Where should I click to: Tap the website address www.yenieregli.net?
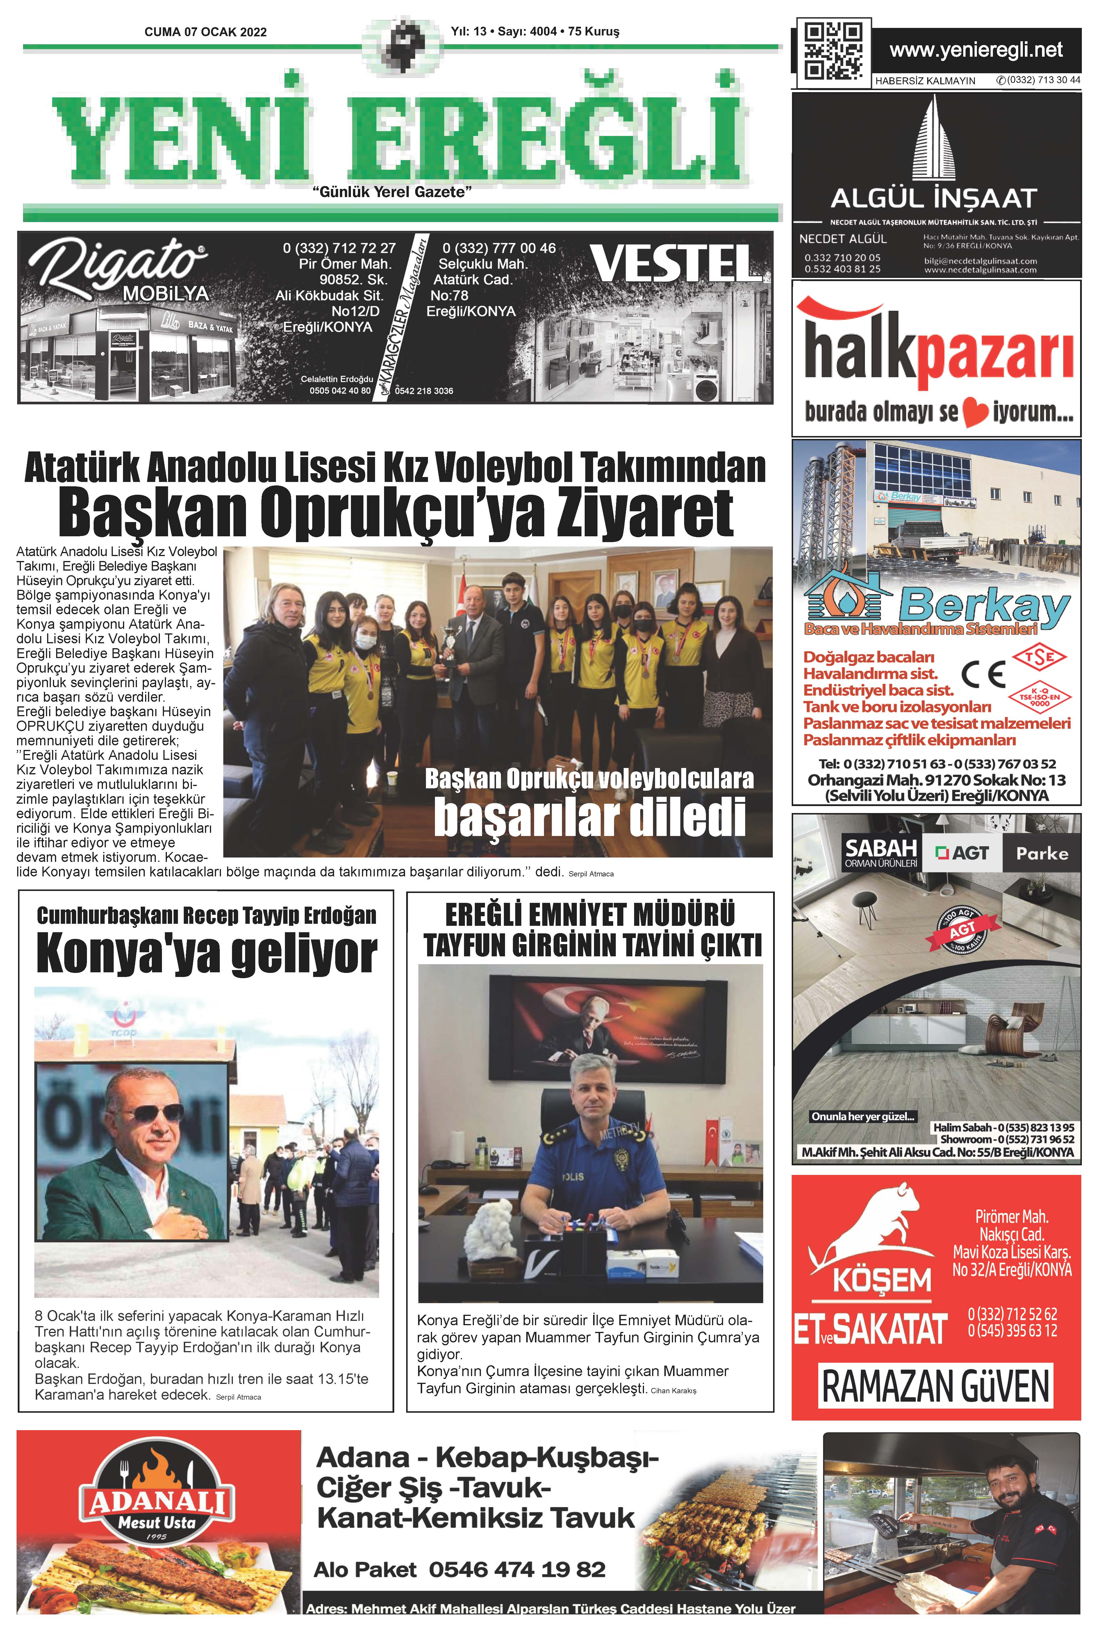(976, 51)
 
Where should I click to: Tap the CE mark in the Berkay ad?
(983, 674)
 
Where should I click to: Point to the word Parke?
(1042, 853)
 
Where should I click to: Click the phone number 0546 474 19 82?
(517, 1569)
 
